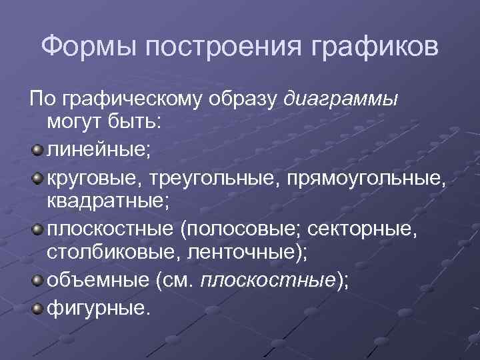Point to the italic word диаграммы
point(341,100)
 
